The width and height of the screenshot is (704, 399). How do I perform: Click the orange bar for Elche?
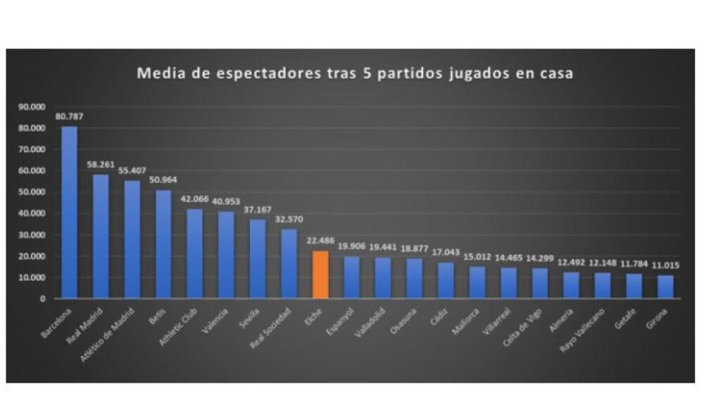point(320,274)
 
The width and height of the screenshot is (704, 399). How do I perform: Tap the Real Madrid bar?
point(101,236)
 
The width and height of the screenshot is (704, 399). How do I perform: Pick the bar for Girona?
point(665,286)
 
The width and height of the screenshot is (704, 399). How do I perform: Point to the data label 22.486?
point(320,240)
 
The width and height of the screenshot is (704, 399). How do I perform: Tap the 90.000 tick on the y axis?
point(30,107)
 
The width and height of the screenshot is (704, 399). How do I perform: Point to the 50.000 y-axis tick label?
point(30,192)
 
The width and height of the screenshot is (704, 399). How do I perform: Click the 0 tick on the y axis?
point(42,298)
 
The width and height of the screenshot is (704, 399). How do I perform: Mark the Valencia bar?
point(226,255)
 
